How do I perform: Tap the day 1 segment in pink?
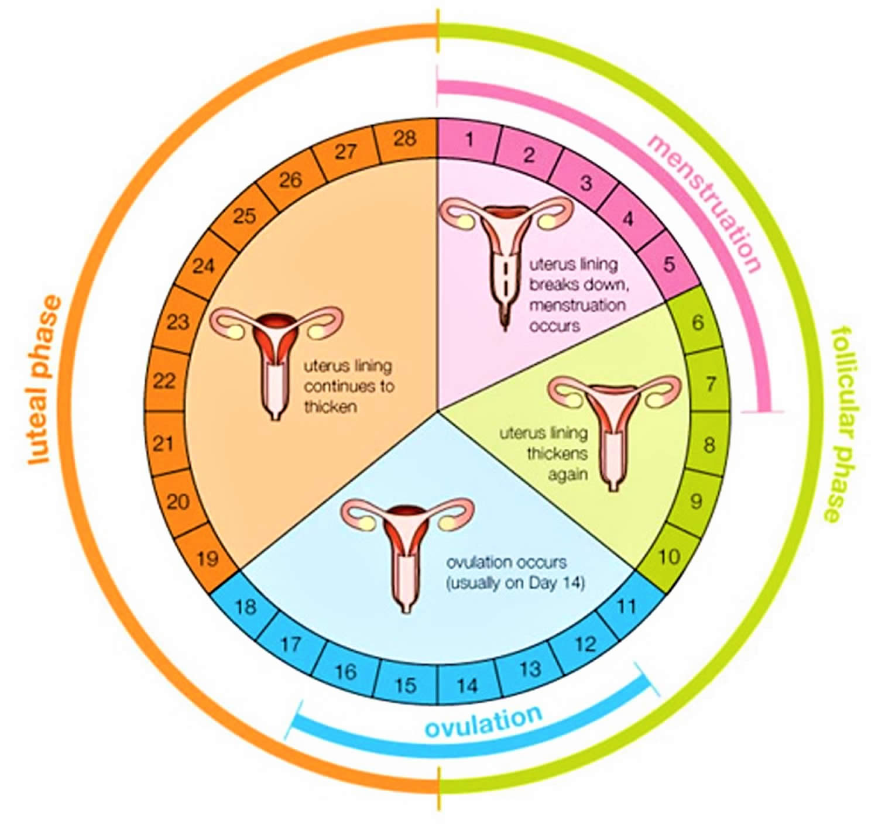click(469, 140)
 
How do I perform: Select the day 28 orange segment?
click(406, 139)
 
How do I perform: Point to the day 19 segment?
click(208, 558)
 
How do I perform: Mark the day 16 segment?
click(345, 672)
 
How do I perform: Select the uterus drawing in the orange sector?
click(276, 362)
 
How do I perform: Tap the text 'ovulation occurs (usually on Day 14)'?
click(515, 572)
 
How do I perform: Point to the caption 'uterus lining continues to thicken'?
click(348, 386)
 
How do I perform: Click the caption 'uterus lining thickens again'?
click(544, 454)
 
